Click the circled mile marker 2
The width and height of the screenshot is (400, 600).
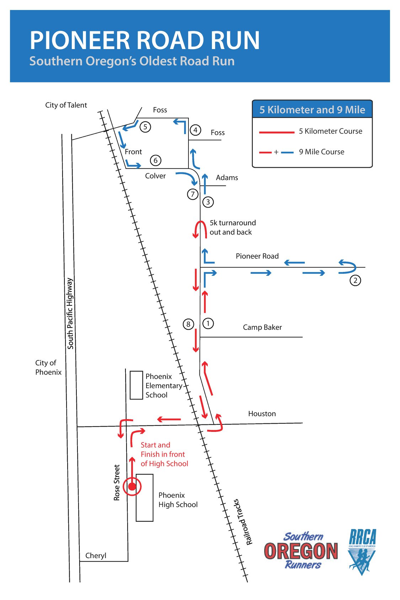pos(355,280)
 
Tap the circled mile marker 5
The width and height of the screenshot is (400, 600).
pos(145,127)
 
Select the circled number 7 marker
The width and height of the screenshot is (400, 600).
pos(193,194)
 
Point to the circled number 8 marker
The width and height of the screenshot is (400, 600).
pos(188,324)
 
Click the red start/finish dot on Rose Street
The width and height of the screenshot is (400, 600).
pos(132,487)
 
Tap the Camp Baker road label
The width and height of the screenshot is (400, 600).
pos(262,327)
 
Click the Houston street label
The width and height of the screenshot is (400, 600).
pos(262,414)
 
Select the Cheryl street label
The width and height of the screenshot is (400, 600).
pos(96,556)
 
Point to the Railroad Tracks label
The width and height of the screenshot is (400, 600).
pos(243,522)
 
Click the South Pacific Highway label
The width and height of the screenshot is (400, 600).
pos(70,314)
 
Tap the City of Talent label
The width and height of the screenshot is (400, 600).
pos(66,105)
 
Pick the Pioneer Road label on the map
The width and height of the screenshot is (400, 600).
pos(257,256)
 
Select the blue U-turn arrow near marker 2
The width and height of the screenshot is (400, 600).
pos(347,267)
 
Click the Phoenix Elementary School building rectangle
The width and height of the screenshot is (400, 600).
pos(136,385)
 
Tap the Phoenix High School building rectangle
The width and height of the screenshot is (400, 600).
pos(145,498)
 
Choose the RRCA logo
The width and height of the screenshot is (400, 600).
pos(362,551)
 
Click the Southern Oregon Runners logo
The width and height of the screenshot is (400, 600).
pos(301,551)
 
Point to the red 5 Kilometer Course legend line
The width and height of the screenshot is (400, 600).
pos(277,132)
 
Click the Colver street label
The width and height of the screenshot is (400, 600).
pos(155,176)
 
